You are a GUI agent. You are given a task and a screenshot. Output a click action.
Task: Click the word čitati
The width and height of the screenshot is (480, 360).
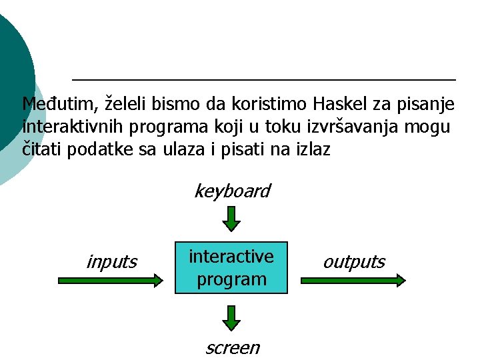click(x=41, y=149)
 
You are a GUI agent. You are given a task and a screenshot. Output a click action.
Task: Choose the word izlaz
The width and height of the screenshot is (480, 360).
click(x=310, y=149)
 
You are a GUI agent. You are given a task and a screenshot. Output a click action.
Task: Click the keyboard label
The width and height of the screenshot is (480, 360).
click(x=231, y=191)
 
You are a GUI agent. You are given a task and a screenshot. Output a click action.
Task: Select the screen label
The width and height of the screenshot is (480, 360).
click(x=231, y=347)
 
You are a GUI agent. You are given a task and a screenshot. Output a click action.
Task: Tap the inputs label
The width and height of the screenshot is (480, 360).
click(x=111, y=262)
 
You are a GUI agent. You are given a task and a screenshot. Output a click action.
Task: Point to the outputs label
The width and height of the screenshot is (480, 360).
click(x=353, y=262)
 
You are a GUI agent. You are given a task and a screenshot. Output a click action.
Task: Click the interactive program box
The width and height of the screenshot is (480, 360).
click(x=231, y=267)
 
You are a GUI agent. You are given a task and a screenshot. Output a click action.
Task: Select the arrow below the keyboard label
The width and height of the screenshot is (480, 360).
click(x=231, y=219)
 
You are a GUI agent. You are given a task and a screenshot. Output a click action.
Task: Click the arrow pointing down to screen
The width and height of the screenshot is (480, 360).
click(x=231, y=318)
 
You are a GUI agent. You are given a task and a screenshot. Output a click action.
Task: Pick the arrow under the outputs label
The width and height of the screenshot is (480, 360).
click(x=353, y=281)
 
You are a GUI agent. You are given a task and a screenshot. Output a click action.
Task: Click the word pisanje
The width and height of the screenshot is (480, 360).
click(x=427, y=104)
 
